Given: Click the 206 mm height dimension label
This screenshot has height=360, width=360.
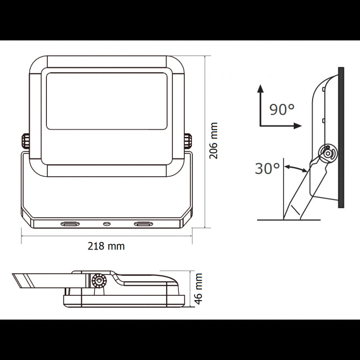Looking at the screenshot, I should click(x=213, y=142).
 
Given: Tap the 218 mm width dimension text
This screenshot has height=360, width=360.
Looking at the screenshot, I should click(x=106, y=246).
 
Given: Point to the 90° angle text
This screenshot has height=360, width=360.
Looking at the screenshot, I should click(x=282, y=110).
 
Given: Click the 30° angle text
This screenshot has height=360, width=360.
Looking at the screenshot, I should click(x=268, y=168).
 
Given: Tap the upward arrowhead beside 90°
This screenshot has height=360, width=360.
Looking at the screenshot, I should click(x=260, y=88).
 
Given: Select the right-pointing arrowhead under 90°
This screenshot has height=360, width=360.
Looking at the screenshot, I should click(x=296, y=126).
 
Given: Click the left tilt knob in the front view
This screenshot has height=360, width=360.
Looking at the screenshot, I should click(x=25, y=142).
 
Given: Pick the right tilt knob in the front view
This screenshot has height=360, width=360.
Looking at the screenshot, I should click(x=188, y=142).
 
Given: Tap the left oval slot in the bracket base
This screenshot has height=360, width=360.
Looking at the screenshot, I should click(x=70, y=223).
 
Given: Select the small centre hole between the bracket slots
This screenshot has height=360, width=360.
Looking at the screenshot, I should click(x=106, y=223).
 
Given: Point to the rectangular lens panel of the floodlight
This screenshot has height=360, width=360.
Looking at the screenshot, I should click(x=106, y=101).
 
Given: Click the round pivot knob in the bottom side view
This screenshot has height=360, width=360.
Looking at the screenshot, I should click(x=99, y=281).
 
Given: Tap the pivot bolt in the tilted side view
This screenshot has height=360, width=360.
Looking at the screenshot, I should click(x=326, y=153).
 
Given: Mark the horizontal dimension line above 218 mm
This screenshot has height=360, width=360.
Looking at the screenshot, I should click(x=106, y=236).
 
